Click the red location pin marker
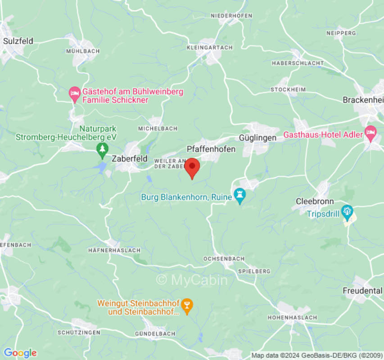click(193, 167)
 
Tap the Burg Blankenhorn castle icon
click(239, 196)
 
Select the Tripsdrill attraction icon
click(347, 211)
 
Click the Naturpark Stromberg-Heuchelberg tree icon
click(103, 148)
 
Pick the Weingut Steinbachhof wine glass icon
click(187, 306)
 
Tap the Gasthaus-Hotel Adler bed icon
click(370, 132)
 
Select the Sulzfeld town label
click(18, 41)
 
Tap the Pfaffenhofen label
click(211, 149)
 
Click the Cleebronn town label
click(314, 201)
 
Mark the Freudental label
click(362, 291)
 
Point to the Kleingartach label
click(209, 47)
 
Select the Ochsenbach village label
click(224, 259)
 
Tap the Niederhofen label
click(231, 16)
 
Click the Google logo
click(20, 353)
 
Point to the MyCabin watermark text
click(192, 280)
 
